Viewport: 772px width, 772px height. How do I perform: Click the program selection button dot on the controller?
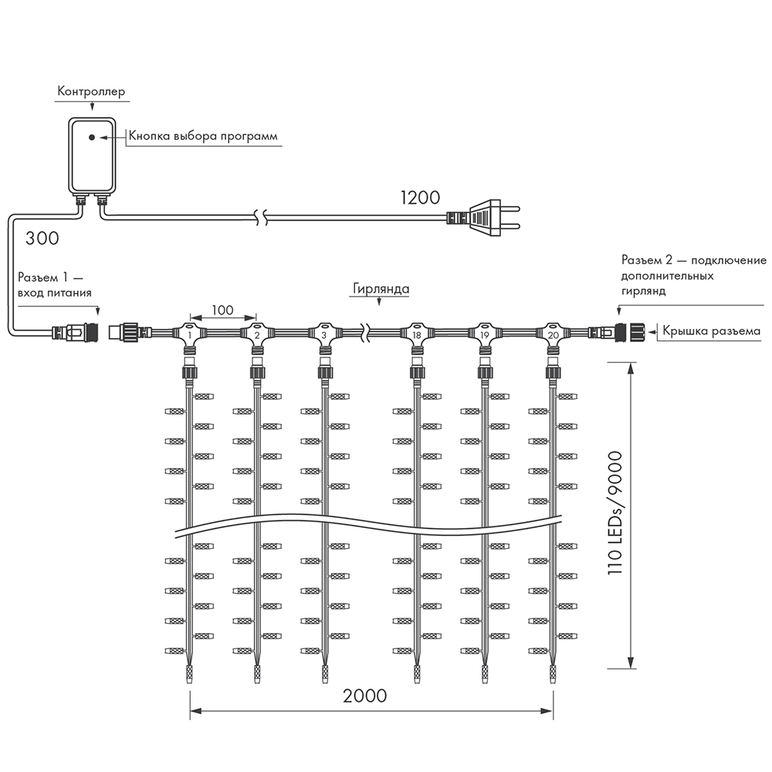point(92,137)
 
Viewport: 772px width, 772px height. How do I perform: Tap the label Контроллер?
point(90,92)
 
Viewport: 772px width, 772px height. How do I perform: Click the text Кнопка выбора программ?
point(202,137)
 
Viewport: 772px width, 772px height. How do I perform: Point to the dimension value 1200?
point(419,197)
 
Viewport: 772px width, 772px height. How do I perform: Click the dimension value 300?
point(42,238)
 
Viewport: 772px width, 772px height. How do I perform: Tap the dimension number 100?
point(222,310)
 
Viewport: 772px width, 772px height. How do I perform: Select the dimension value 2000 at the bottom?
point(365,695)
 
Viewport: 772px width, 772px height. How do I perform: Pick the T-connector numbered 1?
point(190,335)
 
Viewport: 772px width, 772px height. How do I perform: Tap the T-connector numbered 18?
point(417,335)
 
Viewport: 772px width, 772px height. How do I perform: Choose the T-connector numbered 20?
point(553,335)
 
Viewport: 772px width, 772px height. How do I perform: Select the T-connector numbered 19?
point(485,335)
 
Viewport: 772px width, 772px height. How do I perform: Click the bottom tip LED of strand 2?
point(257,675)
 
